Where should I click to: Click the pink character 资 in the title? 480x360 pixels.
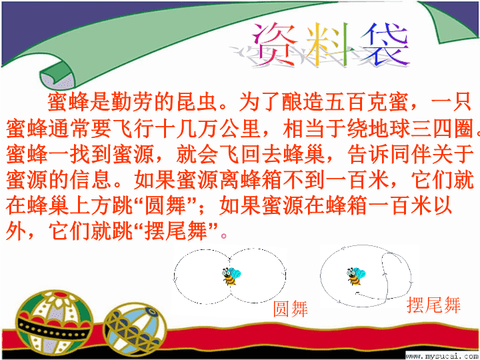click(x=274, y=45)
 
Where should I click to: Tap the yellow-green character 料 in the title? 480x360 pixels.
click(x=327, y=45)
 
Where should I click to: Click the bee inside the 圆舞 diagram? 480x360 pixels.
click(x=231, y=276)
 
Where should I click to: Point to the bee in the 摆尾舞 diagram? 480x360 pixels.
click(x=356, y=276)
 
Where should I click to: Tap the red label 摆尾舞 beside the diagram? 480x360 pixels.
click(x=433, y=305)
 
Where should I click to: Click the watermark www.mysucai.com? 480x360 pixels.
click(x=443, y=356)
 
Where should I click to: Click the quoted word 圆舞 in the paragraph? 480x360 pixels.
click(x=165, y=206)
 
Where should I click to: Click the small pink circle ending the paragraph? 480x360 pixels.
click(x=224, y=236)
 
